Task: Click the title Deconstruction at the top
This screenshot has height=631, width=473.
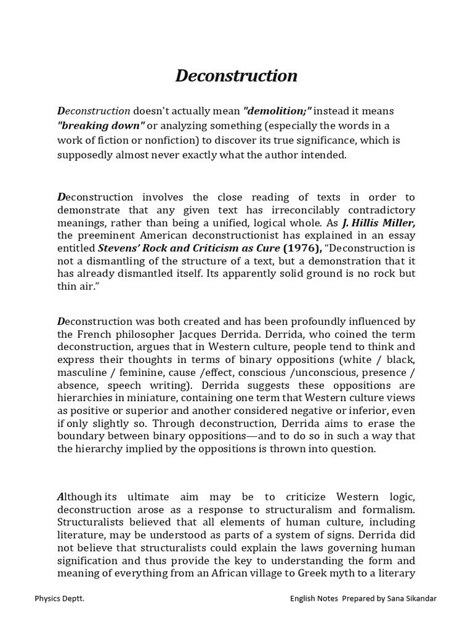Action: (x=236, y=76)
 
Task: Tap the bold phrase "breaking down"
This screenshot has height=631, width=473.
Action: (x=101, y=126)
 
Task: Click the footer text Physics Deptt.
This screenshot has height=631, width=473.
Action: (x=59, y=598)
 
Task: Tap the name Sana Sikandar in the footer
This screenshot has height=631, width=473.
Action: (x=412, y=598)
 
